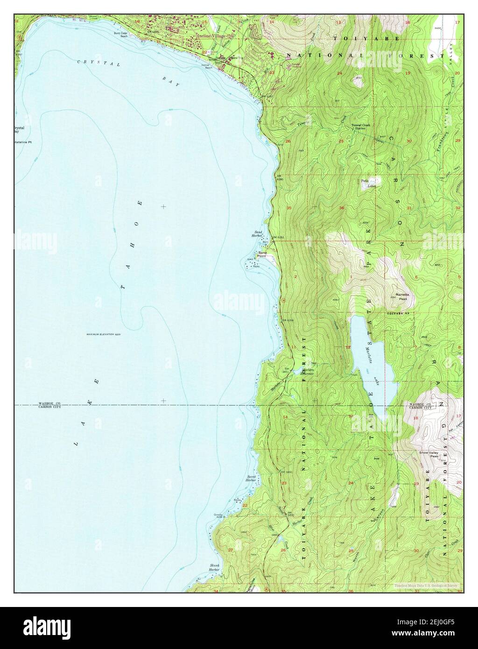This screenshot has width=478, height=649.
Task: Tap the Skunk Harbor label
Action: [214, 568]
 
